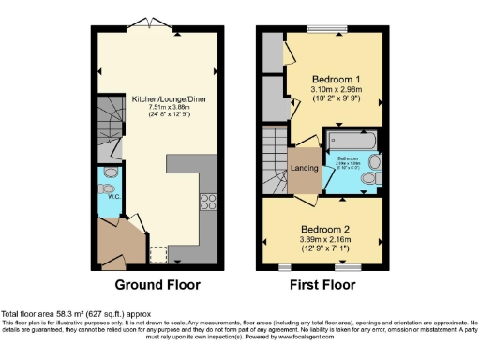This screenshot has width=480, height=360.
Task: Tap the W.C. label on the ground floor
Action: pos(108,198)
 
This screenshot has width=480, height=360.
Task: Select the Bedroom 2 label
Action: pos(324,228)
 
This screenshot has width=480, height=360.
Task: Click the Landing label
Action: pos(304,168)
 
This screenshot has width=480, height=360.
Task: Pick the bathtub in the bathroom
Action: pos(352,142)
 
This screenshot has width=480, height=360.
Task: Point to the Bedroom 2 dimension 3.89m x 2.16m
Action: pos(324,239)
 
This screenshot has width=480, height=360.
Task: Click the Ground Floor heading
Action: pos(154,285)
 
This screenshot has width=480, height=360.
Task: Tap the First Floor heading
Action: pos(323,285)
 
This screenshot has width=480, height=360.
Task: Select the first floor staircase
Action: pos(277,159)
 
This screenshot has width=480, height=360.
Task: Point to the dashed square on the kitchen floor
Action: pos(158,254)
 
